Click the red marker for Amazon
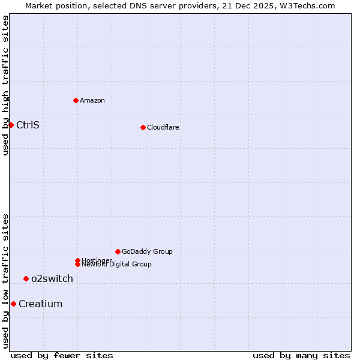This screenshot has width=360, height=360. point(76,100)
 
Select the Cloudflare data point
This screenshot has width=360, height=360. point(143,127)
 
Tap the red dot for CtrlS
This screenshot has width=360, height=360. point(11,125)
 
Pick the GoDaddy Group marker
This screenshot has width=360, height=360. point(118,251)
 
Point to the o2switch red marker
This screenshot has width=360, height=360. point(26,278)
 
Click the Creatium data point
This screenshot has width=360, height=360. point(13,304)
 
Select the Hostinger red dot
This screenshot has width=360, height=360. point(77,260)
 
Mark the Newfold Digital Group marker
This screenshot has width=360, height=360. point(77,265)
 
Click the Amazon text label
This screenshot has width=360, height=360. point(92,100)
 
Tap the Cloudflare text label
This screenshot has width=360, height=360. point(163,127)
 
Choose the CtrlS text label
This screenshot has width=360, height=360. point(28,125)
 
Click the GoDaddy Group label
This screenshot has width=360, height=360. point(147,251)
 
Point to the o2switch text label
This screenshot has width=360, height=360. point(52,278)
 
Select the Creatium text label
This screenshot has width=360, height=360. point(41,304)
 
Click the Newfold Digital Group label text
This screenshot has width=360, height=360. point(117,265)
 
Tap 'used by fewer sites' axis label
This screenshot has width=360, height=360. point(62,356)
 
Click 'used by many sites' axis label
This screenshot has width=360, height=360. point(301,356)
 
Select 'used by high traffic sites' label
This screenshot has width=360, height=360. point(6,85)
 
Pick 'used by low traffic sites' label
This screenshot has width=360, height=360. point(6,281)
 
